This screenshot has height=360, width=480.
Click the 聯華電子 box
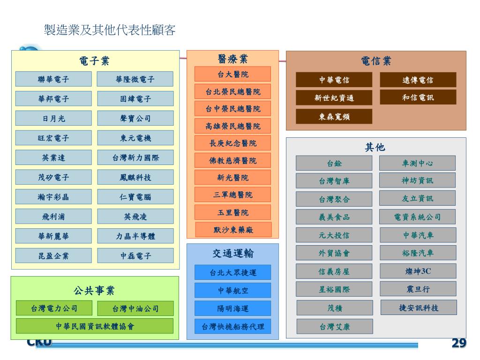point(53,79)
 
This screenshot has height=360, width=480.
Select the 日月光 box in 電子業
point(53,119)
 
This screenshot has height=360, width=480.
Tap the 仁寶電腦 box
point(135,197)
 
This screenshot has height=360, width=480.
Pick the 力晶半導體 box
point(135,236)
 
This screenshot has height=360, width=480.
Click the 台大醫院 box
point(232,74)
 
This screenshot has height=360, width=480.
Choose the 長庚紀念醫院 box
point(232,143)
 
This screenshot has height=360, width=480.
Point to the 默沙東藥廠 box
point(232,230)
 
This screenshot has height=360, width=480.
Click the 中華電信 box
point(334,80)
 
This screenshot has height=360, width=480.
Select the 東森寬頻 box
point(334,117)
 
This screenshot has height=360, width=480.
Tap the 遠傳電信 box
point(418,80)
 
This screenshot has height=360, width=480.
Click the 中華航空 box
point(232,290)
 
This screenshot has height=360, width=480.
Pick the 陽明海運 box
point(232,308)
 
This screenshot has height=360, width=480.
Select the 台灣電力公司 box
point(54,308)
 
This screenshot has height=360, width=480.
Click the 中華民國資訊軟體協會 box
point(95,326)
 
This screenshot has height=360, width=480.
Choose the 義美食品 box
point(334,217)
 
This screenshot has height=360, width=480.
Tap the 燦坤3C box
point(418,271)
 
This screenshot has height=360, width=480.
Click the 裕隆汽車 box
point(418,253)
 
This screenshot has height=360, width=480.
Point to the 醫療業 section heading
point(232,59)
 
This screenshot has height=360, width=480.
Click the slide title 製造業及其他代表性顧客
point(110,30)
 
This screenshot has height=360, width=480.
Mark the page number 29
point(459,343)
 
